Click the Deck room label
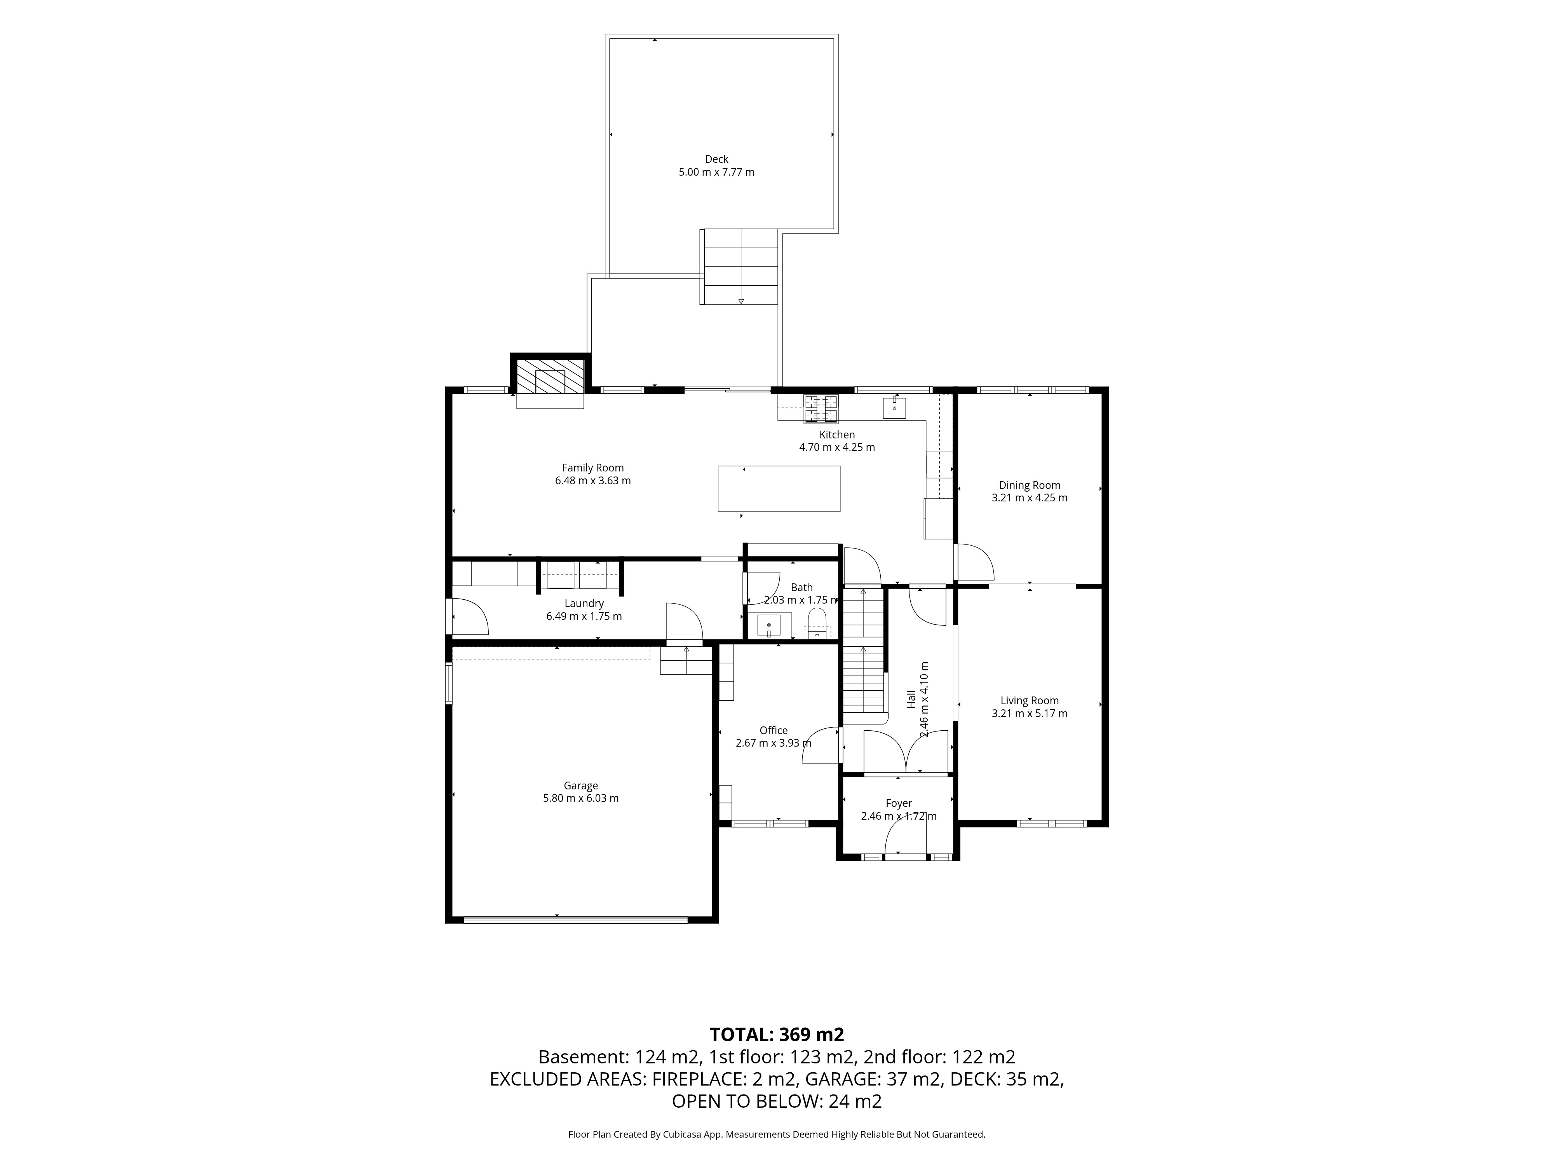[716, 159]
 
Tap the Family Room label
[593, 468]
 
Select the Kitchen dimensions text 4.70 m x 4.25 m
[837, 447]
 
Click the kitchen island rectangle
[779, 489]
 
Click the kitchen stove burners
[821, 409]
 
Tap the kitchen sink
[894, 407]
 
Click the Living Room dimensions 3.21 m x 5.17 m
[1029, 713]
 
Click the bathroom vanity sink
[769, 625]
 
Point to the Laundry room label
[584, 604]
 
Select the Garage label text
[580, 786]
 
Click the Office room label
[774, 730]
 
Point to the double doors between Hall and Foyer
[906, 752]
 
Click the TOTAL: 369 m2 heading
[776, 1035]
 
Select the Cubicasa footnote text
[776, 1134]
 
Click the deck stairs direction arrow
[740, 301]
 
